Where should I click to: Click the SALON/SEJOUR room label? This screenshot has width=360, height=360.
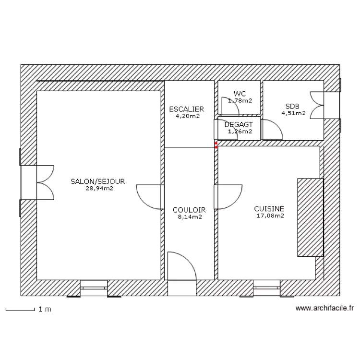tap(97, 181)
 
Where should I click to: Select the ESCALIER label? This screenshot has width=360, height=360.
tap(187, 109)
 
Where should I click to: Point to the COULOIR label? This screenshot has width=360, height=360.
tap(189, 210)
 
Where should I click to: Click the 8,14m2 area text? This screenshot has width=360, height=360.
tap(190, 217)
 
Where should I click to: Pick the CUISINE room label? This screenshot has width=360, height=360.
tap(269, 209)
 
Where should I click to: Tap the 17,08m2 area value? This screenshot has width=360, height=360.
tap(270, 216)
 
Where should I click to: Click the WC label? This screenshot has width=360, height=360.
tap(240, 94)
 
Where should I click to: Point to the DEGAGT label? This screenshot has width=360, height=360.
tap(239, 124)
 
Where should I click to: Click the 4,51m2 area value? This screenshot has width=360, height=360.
tap(294, 113)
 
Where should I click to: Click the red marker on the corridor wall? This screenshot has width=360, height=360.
tap(216, 144)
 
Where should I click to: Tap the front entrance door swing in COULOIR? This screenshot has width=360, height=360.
tap(181, 267)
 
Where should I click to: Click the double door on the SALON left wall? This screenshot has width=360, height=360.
tap(45, 182)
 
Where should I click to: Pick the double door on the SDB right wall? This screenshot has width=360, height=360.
tap(317, 105)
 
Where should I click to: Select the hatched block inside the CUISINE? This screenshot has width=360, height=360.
tap(310, 217)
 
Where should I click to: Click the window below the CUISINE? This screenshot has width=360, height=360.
tap(267, 288)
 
